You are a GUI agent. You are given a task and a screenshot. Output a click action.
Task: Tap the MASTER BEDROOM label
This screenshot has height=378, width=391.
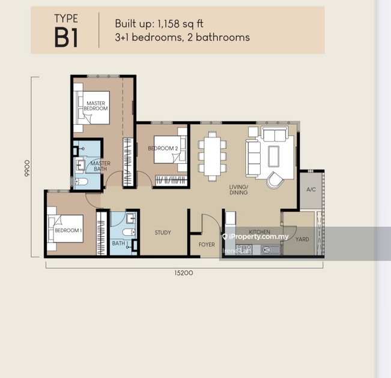97,106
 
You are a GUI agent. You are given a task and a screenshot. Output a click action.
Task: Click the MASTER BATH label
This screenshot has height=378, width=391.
100,166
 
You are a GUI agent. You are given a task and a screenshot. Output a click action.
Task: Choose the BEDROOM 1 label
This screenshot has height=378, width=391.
67,230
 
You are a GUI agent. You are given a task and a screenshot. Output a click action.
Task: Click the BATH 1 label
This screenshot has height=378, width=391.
119,243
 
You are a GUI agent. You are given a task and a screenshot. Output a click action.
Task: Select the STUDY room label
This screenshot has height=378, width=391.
163,233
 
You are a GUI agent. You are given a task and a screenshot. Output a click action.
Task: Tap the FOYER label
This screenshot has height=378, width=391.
207,244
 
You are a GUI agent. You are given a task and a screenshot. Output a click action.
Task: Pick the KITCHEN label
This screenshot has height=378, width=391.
259,232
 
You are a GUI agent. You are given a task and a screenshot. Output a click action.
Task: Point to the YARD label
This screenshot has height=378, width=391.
302,239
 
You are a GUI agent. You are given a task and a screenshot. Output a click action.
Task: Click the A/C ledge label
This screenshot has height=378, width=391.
311,190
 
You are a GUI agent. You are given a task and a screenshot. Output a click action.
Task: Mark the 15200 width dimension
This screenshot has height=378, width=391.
184,272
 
